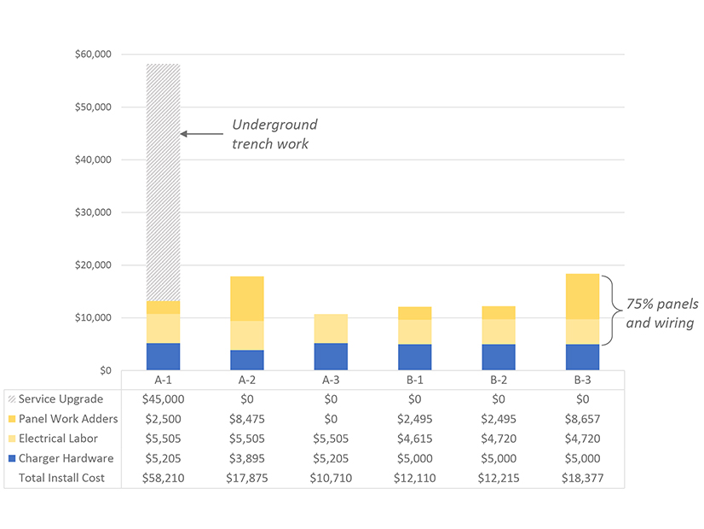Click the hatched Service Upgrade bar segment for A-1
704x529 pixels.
click(x=163, y=182)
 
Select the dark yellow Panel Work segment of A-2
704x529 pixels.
click(x=247, y=298)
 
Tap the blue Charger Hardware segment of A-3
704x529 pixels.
click(x=331, y=357)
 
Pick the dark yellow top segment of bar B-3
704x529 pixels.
click(x=583, y=296)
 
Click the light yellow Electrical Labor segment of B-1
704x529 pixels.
click(x=415, y=332)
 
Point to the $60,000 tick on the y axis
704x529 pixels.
click(x=93, y=55)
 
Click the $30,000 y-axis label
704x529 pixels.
click(x=93, y=212)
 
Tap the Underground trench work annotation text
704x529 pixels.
click(x=274, y=135)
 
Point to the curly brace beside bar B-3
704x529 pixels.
click(x=609, y=310)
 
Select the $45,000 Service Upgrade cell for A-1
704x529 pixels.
click(x=163, y=399)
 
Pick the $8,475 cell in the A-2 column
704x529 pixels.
click(x=247, y=419)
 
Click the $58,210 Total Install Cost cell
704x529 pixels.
click(x=163, y=478)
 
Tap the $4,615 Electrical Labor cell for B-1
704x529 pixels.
click(x=415, y=439)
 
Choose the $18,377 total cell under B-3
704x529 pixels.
click(x=583, y=478)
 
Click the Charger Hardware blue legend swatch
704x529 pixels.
click(x=11, y=458)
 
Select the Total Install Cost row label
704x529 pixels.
click(x=61, y=478)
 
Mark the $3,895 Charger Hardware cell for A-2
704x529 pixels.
click(x=247, y=458)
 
